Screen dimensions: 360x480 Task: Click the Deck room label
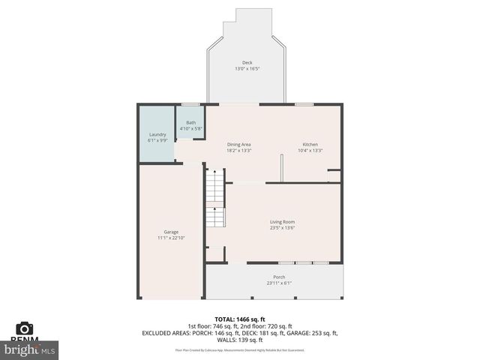247,62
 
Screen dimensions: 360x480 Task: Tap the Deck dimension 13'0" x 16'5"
247,69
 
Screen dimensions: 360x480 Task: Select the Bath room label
191,122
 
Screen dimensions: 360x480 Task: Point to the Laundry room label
157,134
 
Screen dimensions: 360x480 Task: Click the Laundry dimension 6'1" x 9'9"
157,140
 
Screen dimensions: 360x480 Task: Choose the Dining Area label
238,144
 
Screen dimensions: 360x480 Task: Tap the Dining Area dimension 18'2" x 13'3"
238,150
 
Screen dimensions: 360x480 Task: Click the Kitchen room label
310,144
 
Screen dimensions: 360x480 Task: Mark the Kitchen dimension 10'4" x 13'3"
310,150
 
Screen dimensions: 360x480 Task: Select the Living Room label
283,221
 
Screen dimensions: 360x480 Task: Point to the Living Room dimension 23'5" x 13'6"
283,227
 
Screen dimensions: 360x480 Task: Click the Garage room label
171,232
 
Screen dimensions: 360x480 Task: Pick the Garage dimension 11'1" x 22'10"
171,238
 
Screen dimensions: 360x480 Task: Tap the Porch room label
278,277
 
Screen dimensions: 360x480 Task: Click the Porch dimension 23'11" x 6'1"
278,283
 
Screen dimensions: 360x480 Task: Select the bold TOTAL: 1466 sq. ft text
239,319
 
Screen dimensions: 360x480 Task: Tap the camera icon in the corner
25,328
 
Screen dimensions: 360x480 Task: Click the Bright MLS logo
30,349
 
